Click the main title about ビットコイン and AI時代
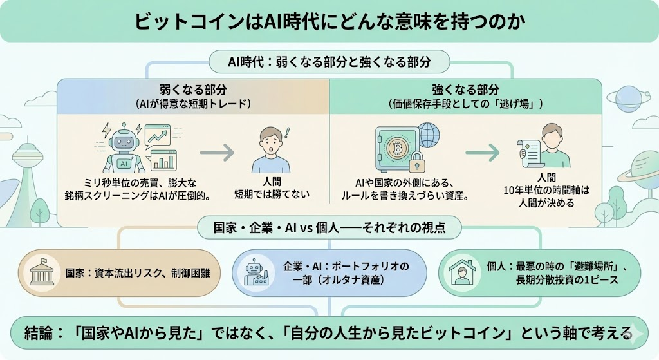click(x=329, y=21)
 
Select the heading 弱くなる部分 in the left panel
click(x=192, y=90)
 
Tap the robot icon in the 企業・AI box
click(x=255, y=273)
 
